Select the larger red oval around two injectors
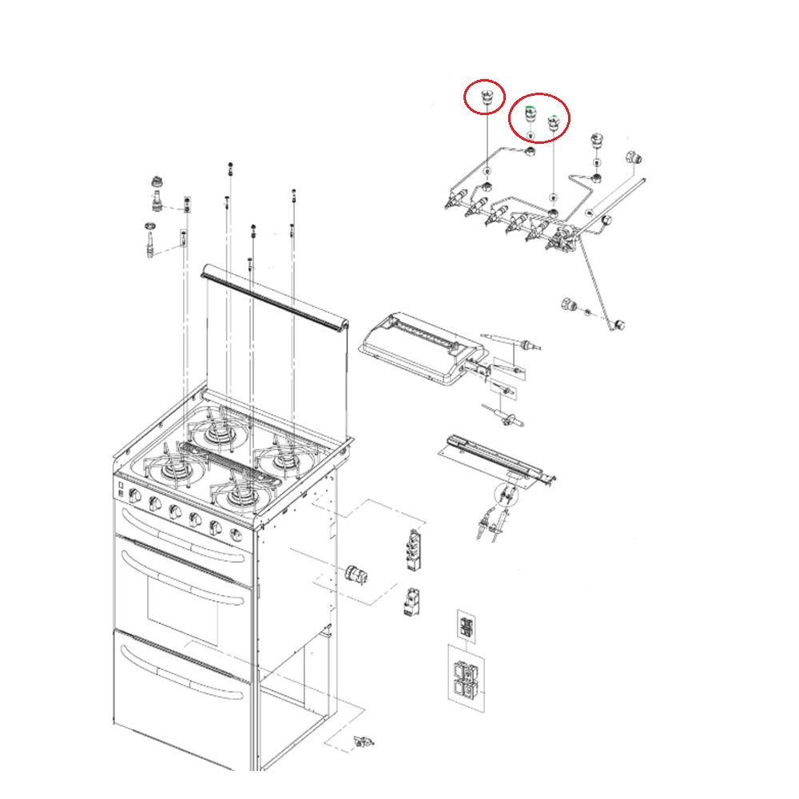(x=539, y=118)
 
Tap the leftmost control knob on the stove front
(x=135, y=499)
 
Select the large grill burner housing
(x=415, y=347)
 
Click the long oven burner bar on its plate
(x=495, y=459)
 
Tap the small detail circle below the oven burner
(x=505, y=495)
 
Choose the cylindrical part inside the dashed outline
(x=354, y=574)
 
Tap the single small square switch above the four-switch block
(x=466, y=624)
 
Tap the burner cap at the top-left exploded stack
(x=157, y=182)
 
